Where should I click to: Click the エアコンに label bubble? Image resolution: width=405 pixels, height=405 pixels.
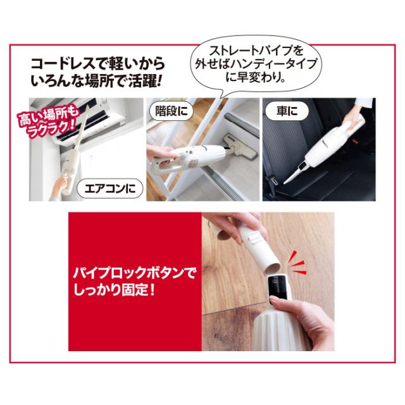click(x=109, y=189)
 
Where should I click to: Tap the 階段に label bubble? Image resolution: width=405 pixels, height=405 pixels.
click(x=171, y=111)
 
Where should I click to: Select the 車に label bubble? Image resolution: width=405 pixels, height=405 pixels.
click(x=287, y=111)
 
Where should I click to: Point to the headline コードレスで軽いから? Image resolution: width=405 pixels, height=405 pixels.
click(x=98, y=64)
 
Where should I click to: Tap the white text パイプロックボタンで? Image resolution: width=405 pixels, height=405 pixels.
click(x=134, y=273)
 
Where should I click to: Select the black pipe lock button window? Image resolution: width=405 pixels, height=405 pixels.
click(x=278, y=287)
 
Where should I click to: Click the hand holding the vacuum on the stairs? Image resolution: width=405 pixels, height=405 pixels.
click(x=161, y=153)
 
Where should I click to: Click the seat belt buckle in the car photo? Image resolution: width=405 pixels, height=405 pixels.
click(x=271, y=183)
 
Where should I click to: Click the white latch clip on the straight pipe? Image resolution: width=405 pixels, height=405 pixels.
click(x=254, y=237)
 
